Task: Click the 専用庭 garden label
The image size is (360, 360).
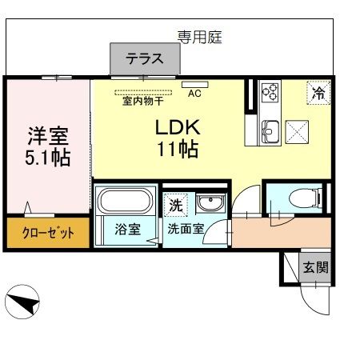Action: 200,37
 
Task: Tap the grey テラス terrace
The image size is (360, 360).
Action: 145,58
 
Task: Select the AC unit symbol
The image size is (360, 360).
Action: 195,85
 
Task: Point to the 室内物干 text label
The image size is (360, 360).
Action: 143,101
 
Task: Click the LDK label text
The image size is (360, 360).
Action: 178,127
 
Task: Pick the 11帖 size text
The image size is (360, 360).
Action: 178,149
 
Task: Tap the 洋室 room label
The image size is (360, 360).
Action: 48,135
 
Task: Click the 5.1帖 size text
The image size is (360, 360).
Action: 48,158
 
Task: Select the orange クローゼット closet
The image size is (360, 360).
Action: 48,233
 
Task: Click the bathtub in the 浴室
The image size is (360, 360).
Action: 126,201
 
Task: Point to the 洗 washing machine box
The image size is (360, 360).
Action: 176,205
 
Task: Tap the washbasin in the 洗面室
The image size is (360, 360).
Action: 210,203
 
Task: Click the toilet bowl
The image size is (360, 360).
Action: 306,198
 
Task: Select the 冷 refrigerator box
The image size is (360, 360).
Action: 318,93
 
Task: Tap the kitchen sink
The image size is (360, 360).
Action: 270,132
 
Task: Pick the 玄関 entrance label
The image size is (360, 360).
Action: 316,267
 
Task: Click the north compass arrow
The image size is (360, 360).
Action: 23,303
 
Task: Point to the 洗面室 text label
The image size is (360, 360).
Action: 186,229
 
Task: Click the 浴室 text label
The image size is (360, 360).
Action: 128,229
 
